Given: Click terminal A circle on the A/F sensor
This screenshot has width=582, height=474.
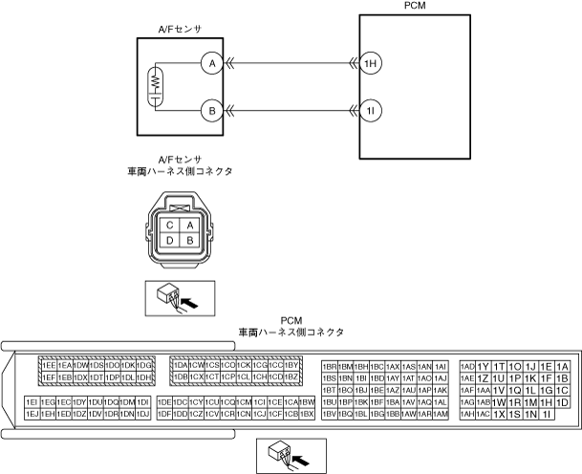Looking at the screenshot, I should [209, 63].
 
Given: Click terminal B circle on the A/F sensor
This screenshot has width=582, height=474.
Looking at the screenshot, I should [209, 111].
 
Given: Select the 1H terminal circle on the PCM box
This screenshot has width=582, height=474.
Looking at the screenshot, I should [371, 63].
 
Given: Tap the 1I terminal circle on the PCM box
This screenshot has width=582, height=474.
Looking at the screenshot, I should [371, 111].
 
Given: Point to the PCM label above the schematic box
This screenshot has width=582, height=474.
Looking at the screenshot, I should [416, 6].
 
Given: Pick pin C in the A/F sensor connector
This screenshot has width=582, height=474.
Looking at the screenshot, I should [169, 225].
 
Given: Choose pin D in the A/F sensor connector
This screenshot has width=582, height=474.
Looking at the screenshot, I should [169, 240].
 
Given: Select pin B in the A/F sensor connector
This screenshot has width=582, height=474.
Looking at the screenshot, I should [190, 240].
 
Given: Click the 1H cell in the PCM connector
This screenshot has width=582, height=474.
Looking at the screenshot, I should [547, 402].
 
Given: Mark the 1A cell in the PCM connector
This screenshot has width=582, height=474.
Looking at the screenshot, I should [563, 366].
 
